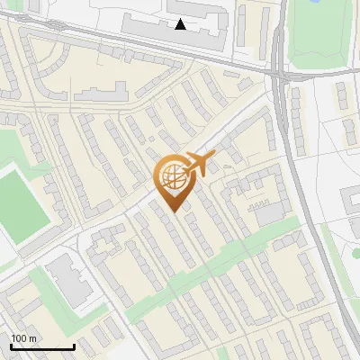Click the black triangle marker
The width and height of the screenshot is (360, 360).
(181, 24)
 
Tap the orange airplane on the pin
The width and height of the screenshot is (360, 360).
(200, 164)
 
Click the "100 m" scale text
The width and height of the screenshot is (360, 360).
(23, 337)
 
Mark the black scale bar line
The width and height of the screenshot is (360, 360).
(41, 346)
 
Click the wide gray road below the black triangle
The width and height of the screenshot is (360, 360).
(135, 49)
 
